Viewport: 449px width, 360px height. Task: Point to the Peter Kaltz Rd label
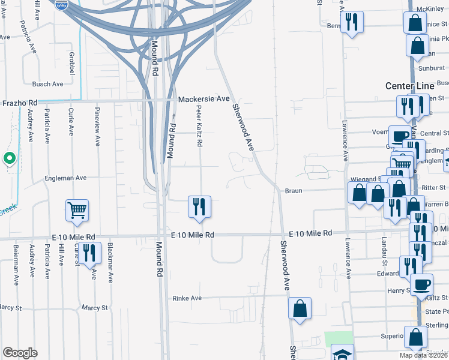[x=199, y=127]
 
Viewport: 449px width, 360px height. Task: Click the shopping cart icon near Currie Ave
[x=77, y=210]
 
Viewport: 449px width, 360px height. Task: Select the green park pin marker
[x=9, y=158]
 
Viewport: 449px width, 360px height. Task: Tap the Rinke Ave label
[x=187, y=298]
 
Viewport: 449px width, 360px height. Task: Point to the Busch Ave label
[x=47, y=84]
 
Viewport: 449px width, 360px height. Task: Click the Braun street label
[x=292, y=190]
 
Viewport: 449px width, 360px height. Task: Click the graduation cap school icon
[x=342, y=353]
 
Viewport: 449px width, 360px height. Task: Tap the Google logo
[x=20, y=353]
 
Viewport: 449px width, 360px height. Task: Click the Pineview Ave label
[x=97, y=127]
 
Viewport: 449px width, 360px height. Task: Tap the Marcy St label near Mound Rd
[x=95, y=308]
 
